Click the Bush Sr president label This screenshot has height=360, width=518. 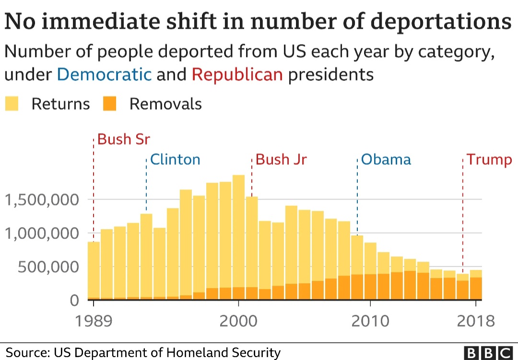point(124,139)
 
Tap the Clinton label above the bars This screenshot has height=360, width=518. point(175,159)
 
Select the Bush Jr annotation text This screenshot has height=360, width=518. point(281,159)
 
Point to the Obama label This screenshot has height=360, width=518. point(386,159)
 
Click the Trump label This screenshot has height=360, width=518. point(490,159)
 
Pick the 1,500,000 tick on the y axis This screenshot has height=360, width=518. point(41,199)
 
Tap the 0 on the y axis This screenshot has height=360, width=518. point(74,301)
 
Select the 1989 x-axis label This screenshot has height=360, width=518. point(94,321)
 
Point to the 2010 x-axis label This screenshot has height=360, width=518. point(370,321)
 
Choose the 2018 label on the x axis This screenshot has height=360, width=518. point(475,321)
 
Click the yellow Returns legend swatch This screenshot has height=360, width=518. point(12,104)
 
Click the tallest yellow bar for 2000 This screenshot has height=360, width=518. point(238,230)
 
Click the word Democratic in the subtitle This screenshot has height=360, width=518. point(104,75)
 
